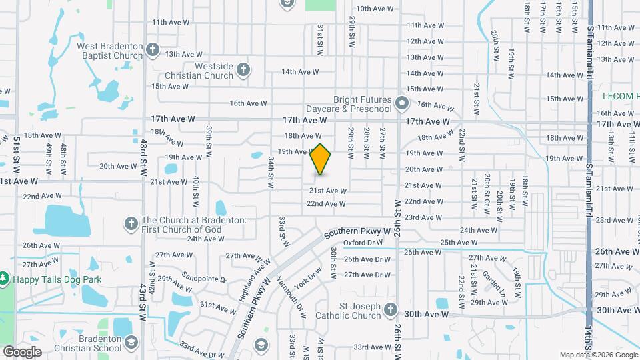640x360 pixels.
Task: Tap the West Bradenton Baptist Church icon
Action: point(153,49)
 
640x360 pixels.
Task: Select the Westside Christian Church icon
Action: point(244,70)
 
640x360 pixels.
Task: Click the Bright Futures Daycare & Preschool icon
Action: point(401,103)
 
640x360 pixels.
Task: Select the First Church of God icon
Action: point(131,223)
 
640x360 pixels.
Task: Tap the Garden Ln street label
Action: point(494,284)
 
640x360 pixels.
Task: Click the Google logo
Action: point(22,351)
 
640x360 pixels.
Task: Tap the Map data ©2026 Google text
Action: point(598,355)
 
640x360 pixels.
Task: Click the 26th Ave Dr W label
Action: point(367,259)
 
